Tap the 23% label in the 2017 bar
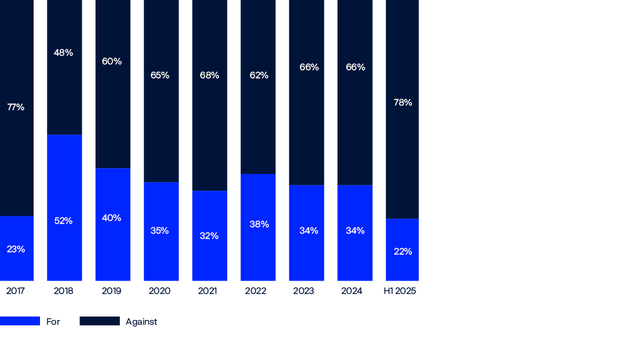[x=16, y=249]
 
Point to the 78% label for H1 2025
[x=403, y=103]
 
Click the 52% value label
[x=63, y=221]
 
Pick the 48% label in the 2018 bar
[x=63, y=53]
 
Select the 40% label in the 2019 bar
[x=111, y=218]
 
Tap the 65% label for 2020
[x=159, y=75]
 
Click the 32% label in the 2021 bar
[x=209, y=236]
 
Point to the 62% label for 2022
[x=259, y=75]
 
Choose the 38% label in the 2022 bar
[x=259, y=224]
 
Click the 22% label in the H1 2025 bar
[x=403, y=252]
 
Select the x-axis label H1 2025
[x=400, y=291]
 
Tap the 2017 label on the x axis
[x=16, y=291]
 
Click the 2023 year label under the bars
[x=304, y=291]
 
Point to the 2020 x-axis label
[x=159, y=291]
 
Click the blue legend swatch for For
[x=20, y=321]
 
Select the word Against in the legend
[x=141, y=322]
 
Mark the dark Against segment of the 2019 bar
[x=112, y=116]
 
